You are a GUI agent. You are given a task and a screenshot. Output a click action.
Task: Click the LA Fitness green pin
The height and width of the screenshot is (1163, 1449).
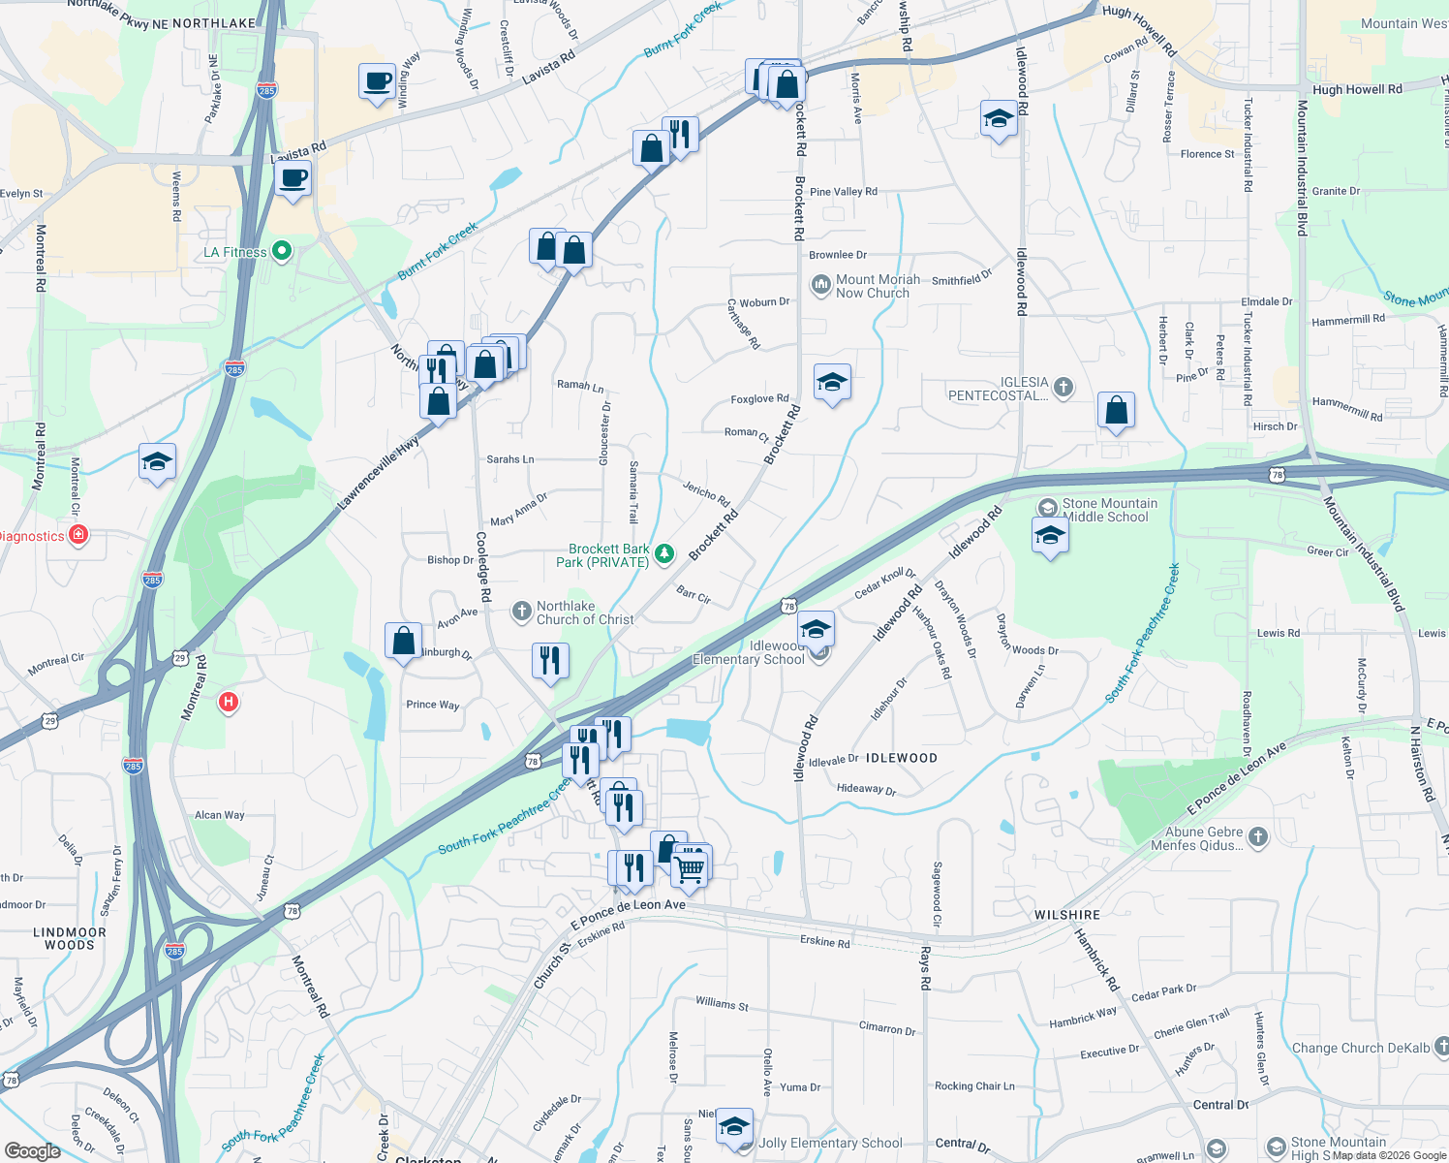[282, 252]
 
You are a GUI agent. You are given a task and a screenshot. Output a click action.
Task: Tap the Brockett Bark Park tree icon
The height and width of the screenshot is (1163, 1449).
[664, 554]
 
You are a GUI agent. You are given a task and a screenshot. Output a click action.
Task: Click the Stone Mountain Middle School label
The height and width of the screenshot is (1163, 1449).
[1109, 510]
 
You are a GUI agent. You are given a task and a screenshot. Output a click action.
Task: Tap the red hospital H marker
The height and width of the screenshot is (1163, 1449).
[228, 702]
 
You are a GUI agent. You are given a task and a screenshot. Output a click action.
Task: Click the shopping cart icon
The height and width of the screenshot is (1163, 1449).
[690, 866]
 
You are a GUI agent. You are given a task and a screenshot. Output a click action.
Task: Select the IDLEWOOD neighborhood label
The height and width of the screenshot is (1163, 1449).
[901, 758]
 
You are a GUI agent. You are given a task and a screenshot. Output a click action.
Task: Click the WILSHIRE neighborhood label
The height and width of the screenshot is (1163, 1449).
[1067, 915]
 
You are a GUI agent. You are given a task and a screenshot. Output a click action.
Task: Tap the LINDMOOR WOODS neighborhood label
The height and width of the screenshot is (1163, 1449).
[70, 938]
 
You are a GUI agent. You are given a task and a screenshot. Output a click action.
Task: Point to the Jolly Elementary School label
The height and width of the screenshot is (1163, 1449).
[830, 1143]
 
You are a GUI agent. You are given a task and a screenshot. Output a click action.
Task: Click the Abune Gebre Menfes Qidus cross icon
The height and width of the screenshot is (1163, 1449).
[1257, 836]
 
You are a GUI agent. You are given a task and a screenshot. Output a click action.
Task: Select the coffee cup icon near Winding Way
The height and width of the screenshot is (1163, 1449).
[377, 80]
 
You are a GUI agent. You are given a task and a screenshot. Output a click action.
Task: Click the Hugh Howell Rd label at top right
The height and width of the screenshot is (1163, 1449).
[1357, 89]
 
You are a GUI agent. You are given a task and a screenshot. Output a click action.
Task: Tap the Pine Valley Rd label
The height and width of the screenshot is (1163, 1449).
[843, 192]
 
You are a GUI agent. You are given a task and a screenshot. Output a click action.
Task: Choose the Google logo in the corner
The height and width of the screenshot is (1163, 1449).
[32, 1150]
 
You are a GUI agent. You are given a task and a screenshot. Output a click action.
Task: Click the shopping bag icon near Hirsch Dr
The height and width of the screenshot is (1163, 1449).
[1116, 410]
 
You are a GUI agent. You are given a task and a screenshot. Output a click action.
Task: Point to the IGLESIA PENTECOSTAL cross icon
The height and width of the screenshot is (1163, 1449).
[1063, 388]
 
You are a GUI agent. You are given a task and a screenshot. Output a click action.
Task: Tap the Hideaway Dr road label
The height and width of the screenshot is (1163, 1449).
[866, 789]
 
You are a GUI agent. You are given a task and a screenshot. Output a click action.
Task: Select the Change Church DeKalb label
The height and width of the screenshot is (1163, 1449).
[1360, 1048]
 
